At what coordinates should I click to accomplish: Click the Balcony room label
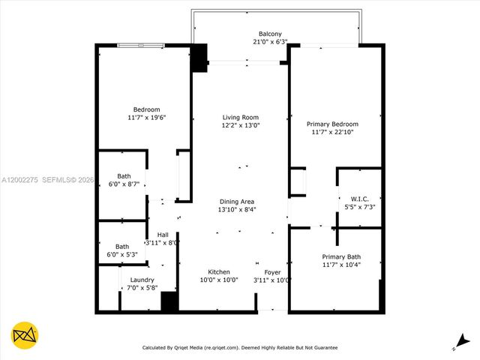tap(270, 34)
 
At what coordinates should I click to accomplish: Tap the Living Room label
tap(240, 117)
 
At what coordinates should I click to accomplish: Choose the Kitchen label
tap(219, 271)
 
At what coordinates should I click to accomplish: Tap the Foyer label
tap(272, 271)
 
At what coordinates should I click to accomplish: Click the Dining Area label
tap(237, 201)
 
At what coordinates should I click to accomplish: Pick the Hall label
tap(162, 235)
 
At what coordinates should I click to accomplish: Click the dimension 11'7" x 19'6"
tap(146, 118)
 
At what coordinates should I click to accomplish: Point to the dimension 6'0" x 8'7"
tap(123, 184)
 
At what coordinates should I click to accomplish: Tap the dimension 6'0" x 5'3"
tap(122, 254)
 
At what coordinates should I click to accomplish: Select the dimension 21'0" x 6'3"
tap(270, 42)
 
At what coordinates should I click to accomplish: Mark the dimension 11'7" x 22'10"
tap(332, 132)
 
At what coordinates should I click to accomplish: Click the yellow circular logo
tap(25, 334)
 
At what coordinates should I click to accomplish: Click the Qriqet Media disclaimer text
tap(240, 347)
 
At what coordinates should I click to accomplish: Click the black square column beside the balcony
tap(199, 58)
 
